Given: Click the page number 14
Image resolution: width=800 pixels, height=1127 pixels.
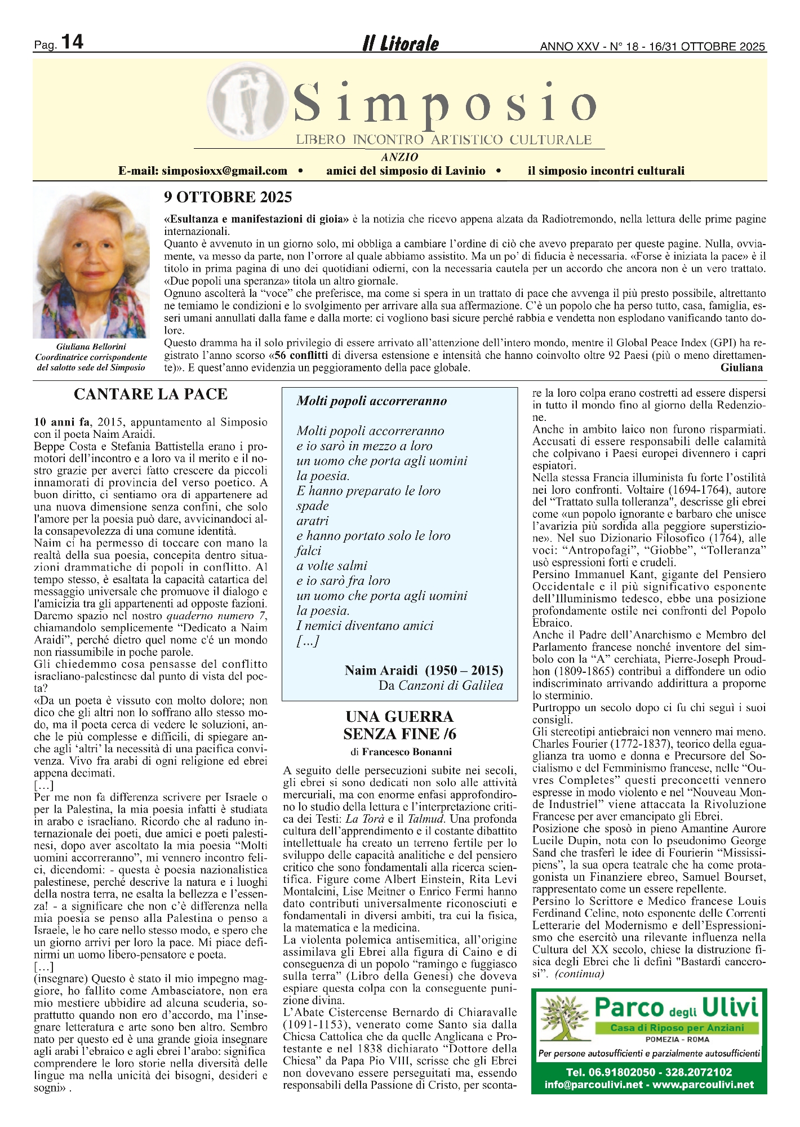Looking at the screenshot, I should point(72,42).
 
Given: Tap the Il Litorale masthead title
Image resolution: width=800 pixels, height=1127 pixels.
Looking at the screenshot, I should point(400,44).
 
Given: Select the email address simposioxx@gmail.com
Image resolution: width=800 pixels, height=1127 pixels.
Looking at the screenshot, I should point(224,171).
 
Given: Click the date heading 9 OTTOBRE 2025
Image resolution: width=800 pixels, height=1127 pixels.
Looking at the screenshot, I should point(228,197).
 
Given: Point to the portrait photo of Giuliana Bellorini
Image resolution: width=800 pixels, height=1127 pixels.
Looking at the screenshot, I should point(92,263).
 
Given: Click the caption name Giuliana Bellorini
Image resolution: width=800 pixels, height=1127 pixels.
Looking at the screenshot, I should point(91,347).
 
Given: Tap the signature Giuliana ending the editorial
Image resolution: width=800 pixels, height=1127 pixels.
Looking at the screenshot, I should point(741,368).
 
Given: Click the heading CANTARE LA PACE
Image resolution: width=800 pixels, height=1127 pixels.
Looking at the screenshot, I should point(150,394).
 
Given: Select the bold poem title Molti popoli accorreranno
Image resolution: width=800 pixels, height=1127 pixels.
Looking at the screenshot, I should point(372,401).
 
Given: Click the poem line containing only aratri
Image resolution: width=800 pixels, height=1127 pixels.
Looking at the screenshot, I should point(312,521).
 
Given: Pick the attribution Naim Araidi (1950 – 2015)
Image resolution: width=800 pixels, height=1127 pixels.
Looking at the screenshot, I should point(424,670).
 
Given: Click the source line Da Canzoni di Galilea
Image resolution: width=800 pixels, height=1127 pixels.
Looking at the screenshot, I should point(441,685).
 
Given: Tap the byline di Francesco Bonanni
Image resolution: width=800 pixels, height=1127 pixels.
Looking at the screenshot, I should point(401,752).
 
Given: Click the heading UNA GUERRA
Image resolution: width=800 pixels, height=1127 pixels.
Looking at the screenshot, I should point(399,717).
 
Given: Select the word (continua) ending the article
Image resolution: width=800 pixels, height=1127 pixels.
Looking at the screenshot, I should point(580,973).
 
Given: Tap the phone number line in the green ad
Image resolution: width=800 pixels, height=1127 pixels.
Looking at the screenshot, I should point(649,1072).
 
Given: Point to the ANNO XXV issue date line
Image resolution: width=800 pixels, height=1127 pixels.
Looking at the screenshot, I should point(652,47).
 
